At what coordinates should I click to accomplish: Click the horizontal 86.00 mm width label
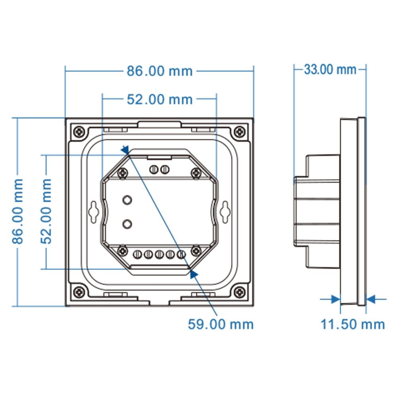point(160,71)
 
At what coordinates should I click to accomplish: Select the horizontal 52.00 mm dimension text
point(160,99)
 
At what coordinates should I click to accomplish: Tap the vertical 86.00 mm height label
point(18,211)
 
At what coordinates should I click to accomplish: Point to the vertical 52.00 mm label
point(47,211)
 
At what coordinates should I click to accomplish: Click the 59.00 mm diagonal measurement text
point(220,324)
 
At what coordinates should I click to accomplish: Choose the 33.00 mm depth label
point(330,70)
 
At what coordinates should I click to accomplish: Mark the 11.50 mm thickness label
point(353,324)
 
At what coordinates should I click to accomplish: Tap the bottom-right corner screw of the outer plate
point(239,292)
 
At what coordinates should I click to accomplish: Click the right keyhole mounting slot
point(225,211)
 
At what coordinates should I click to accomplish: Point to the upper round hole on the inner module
point(127,200)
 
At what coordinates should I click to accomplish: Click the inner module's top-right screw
point(196,173)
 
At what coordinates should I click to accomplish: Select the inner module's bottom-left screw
point(123,251)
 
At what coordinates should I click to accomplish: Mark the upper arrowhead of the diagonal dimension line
point(125,150)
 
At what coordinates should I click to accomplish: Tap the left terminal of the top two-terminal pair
point(154,170)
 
